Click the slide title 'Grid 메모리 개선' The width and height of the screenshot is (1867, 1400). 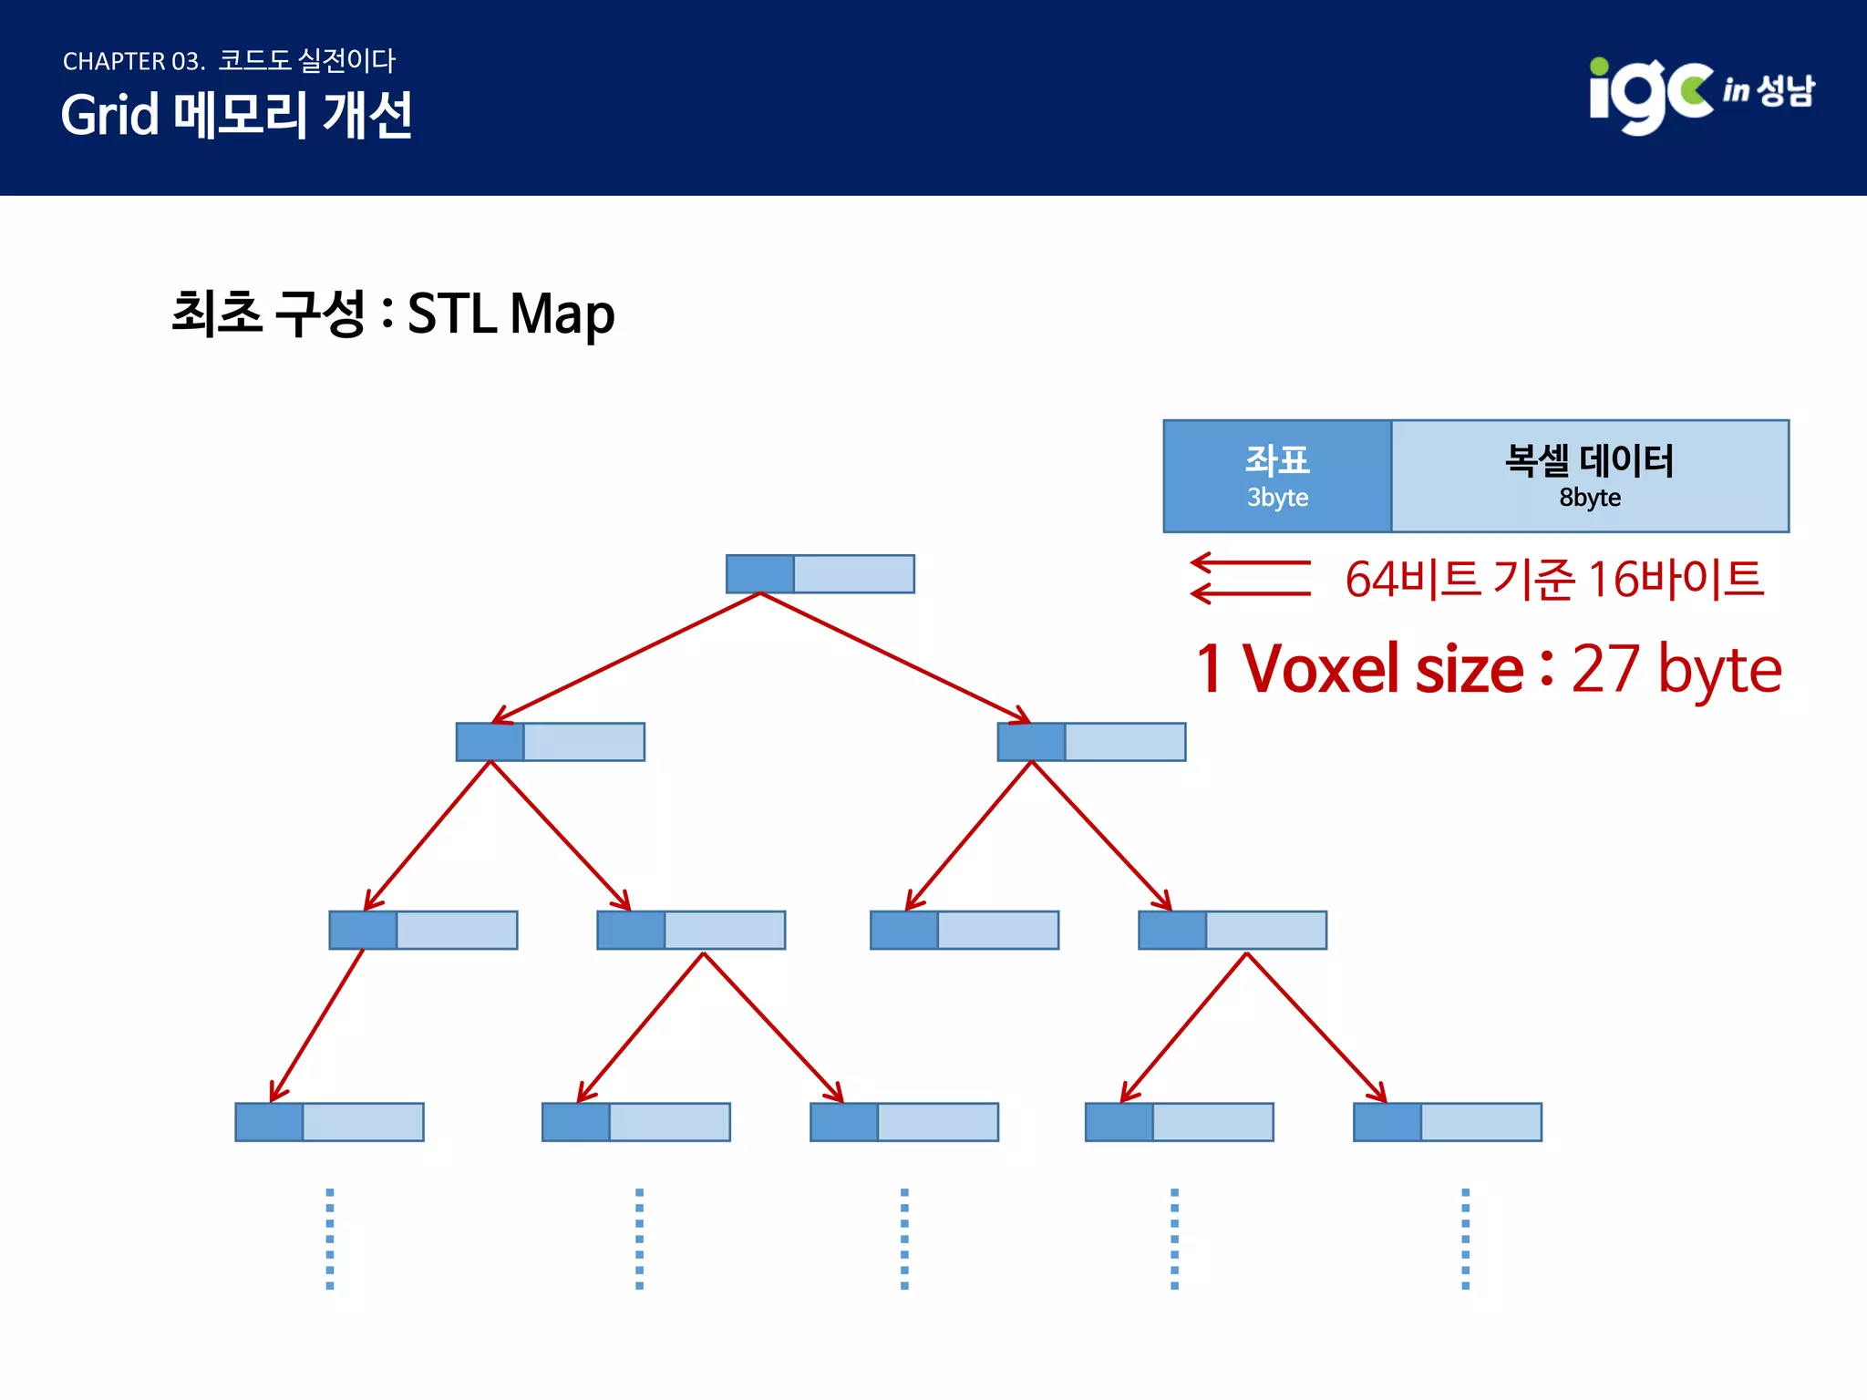237,116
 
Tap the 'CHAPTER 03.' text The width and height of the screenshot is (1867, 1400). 133,61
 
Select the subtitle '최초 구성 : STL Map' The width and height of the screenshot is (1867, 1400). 393,314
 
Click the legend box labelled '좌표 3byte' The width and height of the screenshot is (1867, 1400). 1277,476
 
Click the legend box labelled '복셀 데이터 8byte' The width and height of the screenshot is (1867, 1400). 1590,476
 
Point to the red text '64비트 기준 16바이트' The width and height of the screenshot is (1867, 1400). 1554,579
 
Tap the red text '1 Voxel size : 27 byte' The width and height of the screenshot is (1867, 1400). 1489,669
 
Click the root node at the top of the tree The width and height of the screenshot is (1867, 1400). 820,574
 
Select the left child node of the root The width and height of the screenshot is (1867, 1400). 551,742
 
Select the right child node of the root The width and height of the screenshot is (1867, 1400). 1092,742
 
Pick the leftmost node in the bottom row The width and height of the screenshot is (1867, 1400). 329,1122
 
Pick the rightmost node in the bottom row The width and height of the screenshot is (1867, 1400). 1448,1122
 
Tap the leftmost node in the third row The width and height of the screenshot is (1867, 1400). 423,930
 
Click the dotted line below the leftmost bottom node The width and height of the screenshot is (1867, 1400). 330,1238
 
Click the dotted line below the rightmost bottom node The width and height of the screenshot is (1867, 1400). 1465,1238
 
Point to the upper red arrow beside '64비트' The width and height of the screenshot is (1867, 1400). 1250,563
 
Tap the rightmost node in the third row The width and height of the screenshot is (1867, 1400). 1233,930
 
